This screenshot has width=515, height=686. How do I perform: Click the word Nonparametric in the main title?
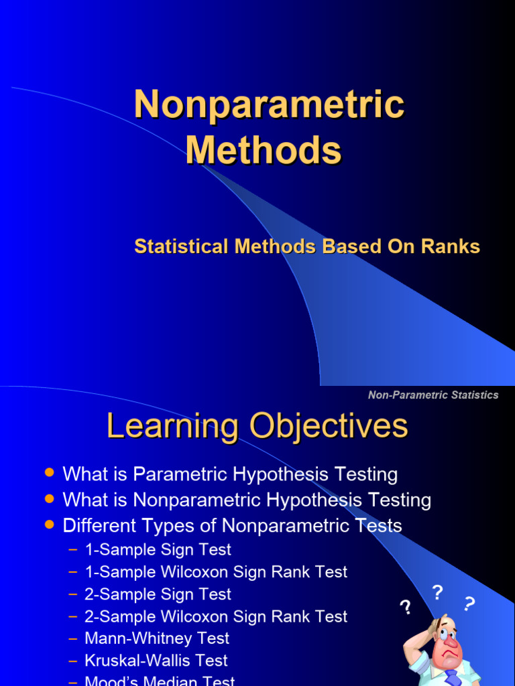[x=269, y=105]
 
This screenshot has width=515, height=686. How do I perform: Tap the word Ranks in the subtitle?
[x=451, y=247]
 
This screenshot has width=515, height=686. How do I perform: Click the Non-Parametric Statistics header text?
[x=433, y=395]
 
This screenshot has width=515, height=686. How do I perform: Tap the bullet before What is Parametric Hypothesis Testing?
[x=48, y=473]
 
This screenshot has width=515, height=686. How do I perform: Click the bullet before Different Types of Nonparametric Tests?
[x=48, y=525]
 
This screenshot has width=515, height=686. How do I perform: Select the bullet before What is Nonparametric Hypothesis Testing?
[x=48, y=498]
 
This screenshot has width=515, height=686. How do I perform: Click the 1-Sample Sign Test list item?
[x=158, y=550]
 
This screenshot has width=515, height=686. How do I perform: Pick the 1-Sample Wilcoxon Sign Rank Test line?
[x=215, y=572]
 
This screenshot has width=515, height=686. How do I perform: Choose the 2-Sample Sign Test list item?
[x=158, y=594]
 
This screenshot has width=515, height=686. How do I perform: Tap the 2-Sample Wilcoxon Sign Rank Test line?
[x=215, y=616]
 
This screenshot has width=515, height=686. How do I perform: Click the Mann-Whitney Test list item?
[x=157, y=638]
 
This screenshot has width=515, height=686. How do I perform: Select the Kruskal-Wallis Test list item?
[x=156, y=661]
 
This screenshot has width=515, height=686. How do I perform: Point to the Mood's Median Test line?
[x=160, y=681]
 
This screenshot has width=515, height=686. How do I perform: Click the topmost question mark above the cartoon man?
[x=438, y=592]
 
